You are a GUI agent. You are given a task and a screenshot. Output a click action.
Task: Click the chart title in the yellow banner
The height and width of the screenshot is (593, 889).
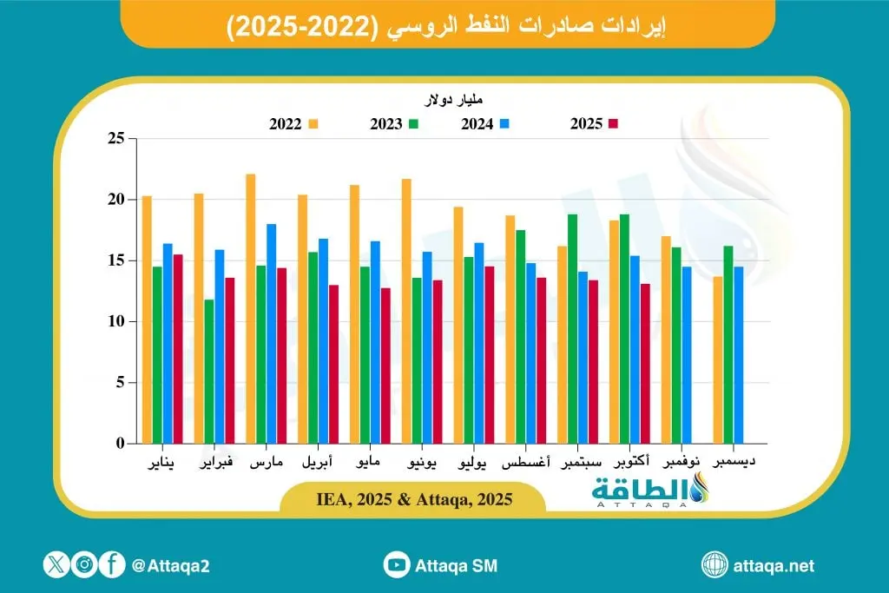click(444, 25)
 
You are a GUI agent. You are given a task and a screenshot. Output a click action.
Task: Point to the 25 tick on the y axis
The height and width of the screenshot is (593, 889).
click(115, 139)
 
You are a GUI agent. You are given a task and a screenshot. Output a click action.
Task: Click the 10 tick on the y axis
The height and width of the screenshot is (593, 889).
click(115, 322)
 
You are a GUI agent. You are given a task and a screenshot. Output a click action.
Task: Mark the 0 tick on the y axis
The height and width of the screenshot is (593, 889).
click(120, 444)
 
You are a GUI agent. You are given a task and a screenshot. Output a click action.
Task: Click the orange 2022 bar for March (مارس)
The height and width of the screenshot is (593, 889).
click(251, 309)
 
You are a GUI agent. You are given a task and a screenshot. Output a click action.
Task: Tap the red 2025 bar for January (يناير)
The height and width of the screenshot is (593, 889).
click(177, 349)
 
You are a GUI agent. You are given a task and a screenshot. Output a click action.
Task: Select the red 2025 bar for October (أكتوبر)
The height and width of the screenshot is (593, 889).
click(645, 364)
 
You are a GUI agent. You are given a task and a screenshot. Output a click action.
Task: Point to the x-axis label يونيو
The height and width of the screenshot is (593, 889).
click(421, 464)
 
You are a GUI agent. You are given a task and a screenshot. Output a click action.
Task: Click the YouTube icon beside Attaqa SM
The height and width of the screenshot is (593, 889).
click(397, 565)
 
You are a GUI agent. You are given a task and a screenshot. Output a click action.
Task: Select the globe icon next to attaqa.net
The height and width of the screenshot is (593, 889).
click(714, 565)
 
